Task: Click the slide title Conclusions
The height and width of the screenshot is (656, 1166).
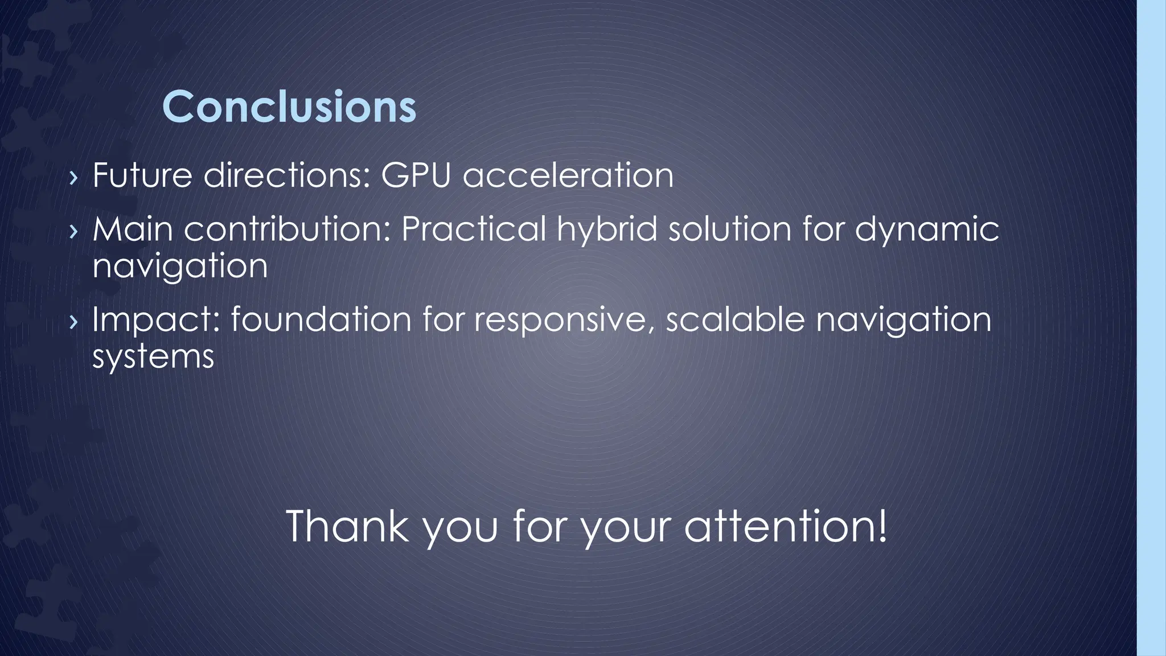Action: pyautogui.click(x=289, y=107)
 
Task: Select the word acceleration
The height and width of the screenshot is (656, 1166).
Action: pyautogui.click(x=568, y=175)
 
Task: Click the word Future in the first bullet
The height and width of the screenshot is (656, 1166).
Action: pyautogui.click(x=142, y=175)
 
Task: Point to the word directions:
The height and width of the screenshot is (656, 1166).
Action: pyautogui.click(x=286, y=175)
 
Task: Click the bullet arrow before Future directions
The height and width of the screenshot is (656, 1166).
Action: pyautogui.click(x=72, y=178)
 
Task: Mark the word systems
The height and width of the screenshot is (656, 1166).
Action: pyautogui.click(x=153, y=358)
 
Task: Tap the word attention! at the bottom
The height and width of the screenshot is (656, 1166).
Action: pyautogui.click(x=786, y=526)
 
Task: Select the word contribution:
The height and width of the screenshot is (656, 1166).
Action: pyautogui.click(x=287, y=229)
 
